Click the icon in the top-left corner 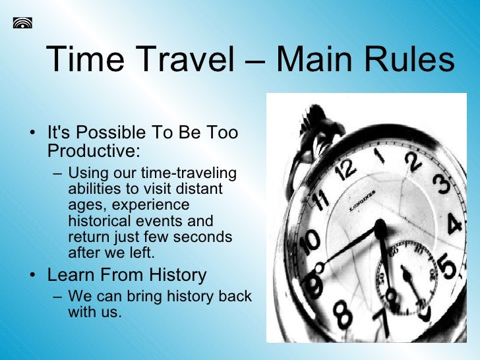[22, 23]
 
